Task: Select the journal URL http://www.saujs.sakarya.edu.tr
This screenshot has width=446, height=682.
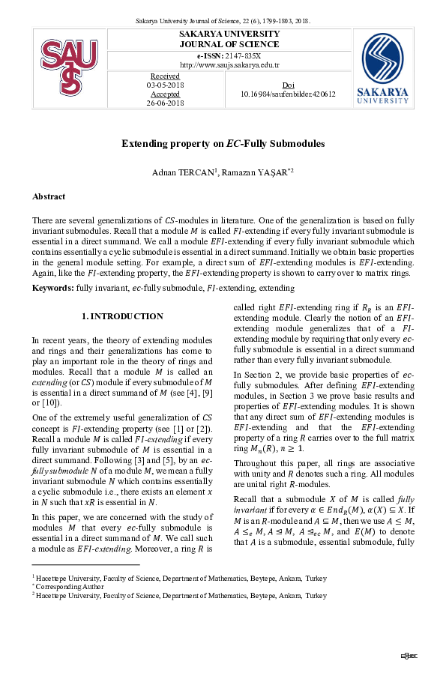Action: (x=229, y=64)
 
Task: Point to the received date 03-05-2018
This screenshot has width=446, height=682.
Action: (x=165, y=85)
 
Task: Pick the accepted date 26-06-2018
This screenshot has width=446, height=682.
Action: (x=165, y=103)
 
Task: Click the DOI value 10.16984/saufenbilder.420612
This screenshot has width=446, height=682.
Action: (x=288, y=94)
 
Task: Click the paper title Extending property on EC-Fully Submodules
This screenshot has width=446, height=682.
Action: (x=223, y=142)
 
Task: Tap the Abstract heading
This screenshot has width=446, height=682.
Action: (x=48, y=196)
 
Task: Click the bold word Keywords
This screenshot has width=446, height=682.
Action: (x=52, y=288)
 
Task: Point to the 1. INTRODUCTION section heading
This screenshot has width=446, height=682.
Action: (x=122, y=316)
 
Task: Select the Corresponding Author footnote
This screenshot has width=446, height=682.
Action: (x=72, y=586)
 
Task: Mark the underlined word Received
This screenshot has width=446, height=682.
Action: (x=165, y=76)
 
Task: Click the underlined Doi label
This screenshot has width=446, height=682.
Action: (x=288, y=85)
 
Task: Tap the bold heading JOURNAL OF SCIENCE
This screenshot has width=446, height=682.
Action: (x=229, y=44)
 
